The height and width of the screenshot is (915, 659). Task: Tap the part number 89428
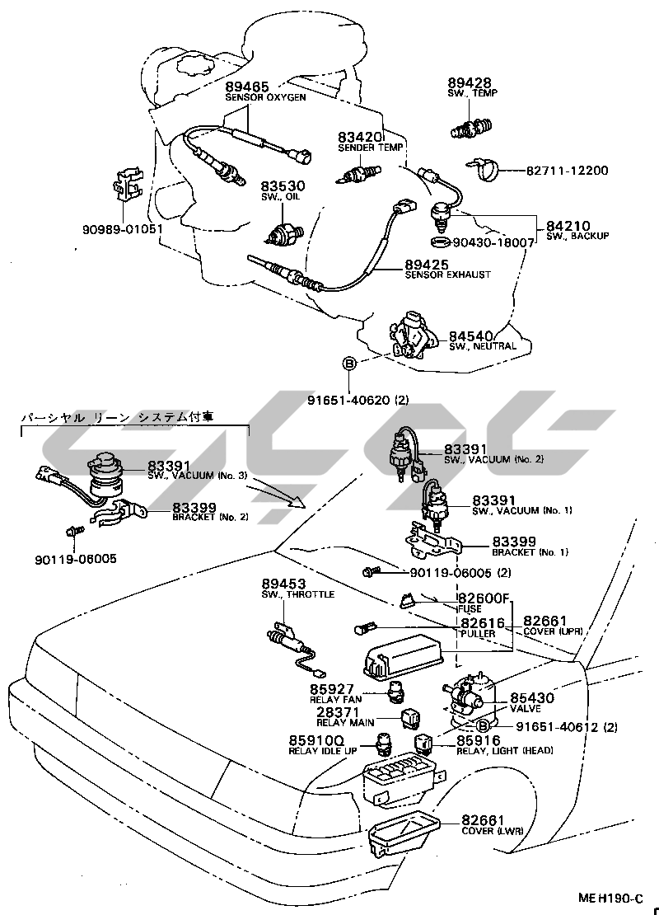(470, 82)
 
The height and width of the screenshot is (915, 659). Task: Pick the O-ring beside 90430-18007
(441, 242)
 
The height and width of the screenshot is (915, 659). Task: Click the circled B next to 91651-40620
(349, 364)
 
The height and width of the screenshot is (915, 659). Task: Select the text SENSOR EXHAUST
(447, 274)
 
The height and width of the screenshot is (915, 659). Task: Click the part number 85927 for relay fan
(332, 689)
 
